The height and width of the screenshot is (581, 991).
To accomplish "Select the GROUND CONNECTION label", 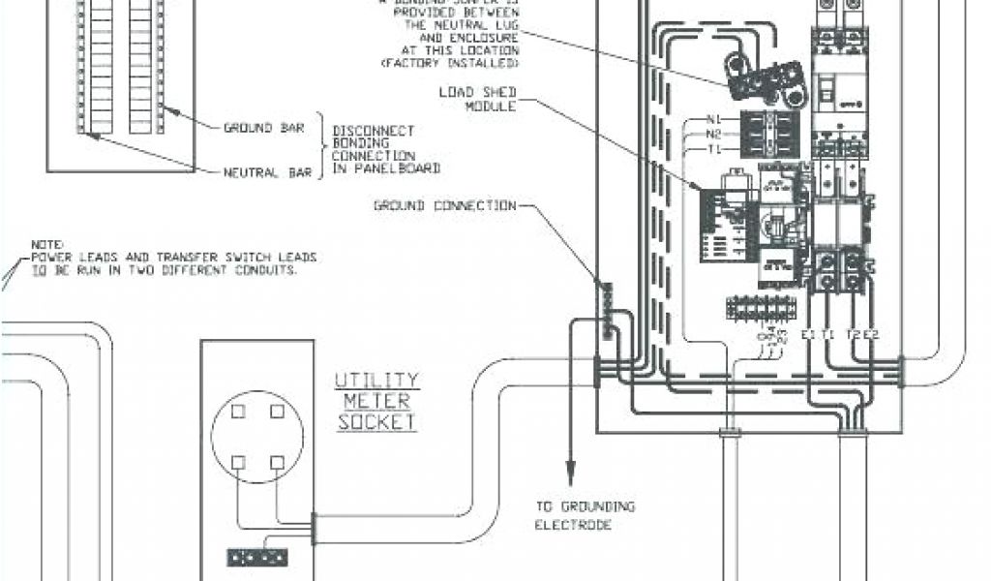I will [x=444, y=205].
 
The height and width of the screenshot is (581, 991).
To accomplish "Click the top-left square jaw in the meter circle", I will [x=239, y=413].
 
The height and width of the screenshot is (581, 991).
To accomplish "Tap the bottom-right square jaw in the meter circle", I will [x=277, y=462].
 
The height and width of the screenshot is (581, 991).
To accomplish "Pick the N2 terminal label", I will [x=714, y=134].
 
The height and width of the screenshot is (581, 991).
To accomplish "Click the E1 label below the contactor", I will [x=808, y=334].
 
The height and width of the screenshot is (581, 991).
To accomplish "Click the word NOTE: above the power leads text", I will [x=45, y=242].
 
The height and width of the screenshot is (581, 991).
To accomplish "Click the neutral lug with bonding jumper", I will [x=765, y=77].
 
